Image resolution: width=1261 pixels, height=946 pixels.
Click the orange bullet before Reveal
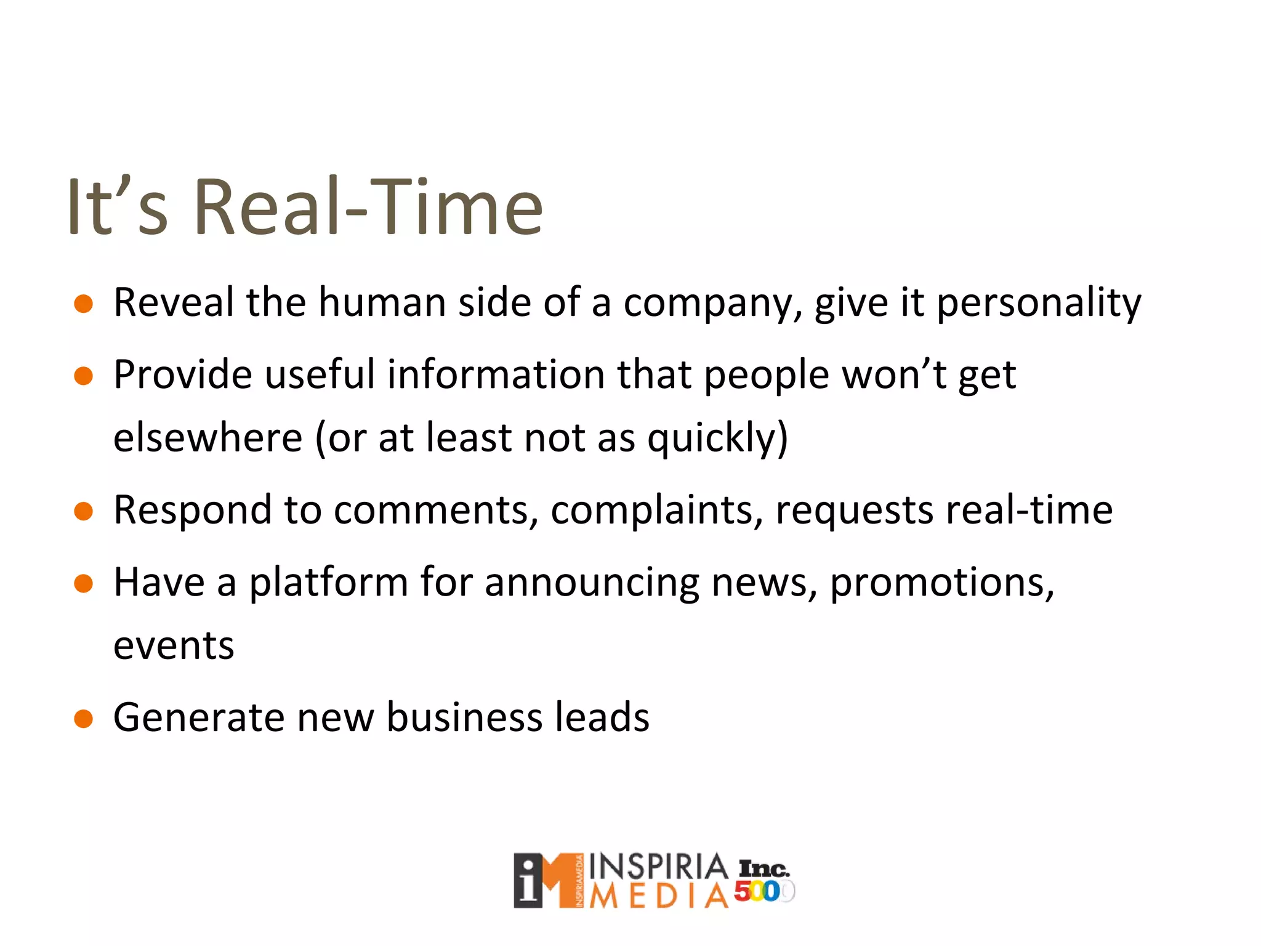(x=83, y=304)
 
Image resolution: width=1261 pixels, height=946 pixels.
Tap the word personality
(x=1039, y=304)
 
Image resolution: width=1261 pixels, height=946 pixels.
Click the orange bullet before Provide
(x=83, y=376)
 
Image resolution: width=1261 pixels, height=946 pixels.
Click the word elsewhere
(x=208, y=437)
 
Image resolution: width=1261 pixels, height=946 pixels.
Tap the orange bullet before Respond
(x=83, y=511)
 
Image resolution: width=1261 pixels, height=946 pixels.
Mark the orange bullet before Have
(x=83, y=583)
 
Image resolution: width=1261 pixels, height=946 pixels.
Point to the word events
(x=174, y=646)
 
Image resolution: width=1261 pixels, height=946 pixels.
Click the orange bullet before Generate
(x=83, y=718)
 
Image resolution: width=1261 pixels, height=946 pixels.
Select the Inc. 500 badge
(x=764, y=881)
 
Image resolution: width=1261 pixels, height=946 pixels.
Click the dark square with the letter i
(x=528, y=881)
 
